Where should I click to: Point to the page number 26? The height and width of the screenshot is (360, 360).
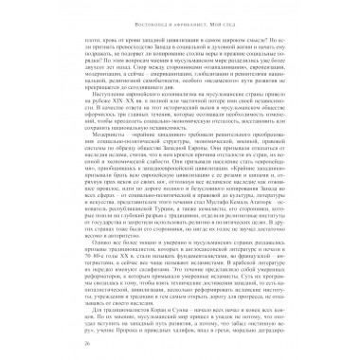tap(34, 343)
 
